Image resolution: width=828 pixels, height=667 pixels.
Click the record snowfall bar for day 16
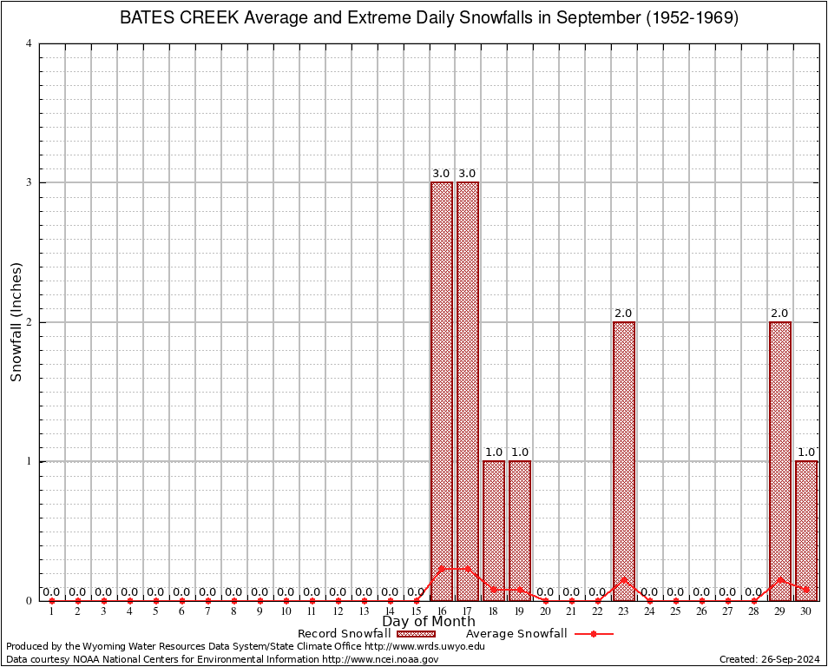click(x=442, y=391)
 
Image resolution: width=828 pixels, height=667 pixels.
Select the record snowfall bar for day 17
click(x=468, y=391)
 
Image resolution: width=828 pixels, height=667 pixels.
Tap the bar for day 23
click(x=624, y=460)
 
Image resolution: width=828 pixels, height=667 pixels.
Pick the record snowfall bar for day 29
click(x=780, y=460)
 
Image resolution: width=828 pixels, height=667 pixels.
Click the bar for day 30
click(x=806, y=530)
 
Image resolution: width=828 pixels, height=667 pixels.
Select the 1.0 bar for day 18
click(x=494, y=530)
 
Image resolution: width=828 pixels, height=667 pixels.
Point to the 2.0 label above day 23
click(x=624, y=314)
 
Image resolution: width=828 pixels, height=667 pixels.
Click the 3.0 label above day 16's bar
click(x=442, y=174)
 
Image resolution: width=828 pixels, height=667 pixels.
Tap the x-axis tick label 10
click(x=286, y=612)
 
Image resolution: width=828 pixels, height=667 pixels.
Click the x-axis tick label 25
click(x=676, y=612)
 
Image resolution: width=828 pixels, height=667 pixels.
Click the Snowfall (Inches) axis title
click(x=16, y=322)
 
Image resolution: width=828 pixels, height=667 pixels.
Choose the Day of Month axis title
click(x=429, y=622)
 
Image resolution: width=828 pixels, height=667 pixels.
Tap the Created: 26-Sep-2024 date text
click(x=769, y=659)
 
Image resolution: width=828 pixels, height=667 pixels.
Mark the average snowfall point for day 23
click(x=624, y=579)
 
